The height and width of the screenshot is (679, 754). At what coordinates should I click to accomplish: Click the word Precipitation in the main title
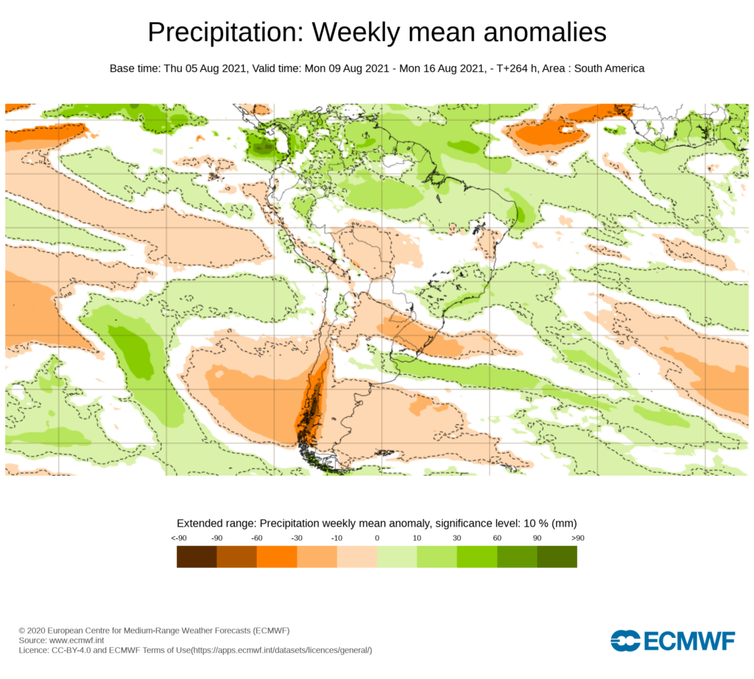point(225,32)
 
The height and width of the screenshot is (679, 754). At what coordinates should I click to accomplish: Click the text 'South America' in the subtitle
point(609,68)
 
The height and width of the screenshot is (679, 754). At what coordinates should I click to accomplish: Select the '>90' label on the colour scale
point(577,538)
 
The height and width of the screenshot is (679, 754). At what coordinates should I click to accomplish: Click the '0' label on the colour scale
point(377,538)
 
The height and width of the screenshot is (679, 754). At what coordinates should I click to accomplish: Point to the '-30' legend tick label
point(297,538)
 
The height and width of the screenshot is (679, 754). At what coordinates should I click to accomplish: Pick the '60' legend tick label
point(497,538)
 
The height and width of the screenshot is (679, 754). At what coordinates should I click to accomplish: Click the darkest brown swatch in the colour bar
point(197,557)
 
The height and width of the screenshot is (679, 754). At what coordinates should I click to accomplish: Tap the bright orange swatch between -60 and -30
point(277,557)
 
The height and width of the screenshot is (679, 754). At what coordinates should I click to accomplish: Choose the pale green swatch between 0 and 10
point(397,557)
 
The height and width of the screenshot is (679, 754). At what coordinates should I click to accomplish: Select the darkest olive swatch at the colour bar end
point(557,557)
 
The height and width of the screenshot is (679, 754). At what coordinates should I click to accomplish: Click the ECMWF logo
point(672,641)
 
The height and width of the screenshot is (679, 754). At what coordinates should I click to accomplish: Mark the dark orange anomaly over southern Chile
point(312,401)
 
